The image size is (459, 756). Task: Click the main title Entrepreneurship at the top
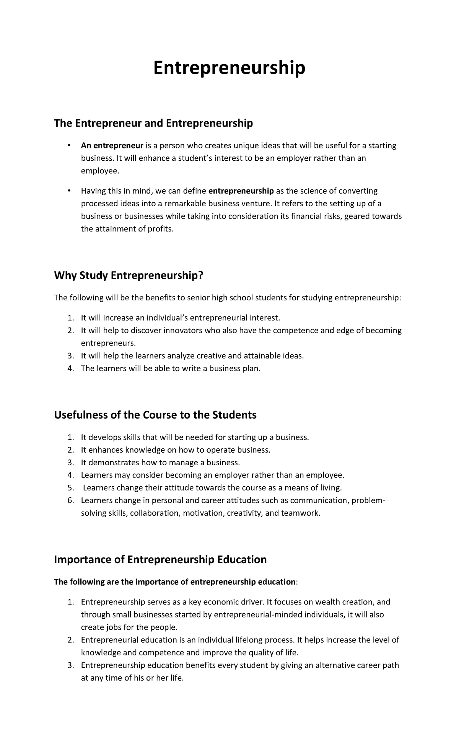[229, 68]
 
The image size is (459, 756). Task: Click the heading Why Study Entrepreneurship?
[128, 275]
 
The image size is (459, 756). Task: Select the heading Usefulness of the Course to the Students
[155, 415]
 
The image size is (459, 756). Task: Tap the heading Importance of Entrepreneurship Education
[160, 559]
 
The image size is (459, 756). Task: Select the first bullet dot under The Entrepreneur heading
[69, 145]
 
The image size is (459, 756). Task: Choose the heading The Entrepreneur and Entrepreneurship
[153, 123]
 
